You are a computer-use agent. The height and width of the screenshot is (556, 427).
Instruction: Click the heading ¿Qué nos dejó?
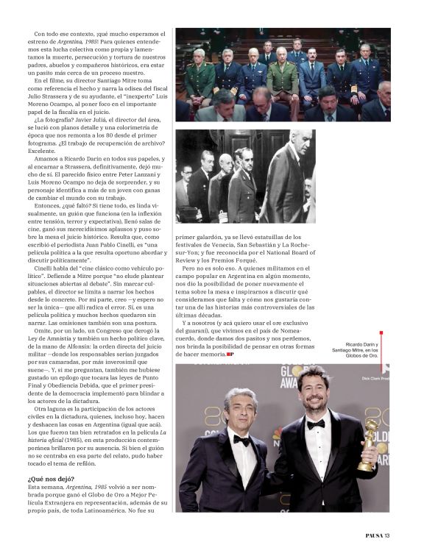pyautogui.click(x=49, y=479)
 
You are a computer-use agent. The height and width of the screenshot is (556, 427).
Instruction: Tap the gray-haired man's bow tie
pyautogui.click(x=241, y=439)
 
